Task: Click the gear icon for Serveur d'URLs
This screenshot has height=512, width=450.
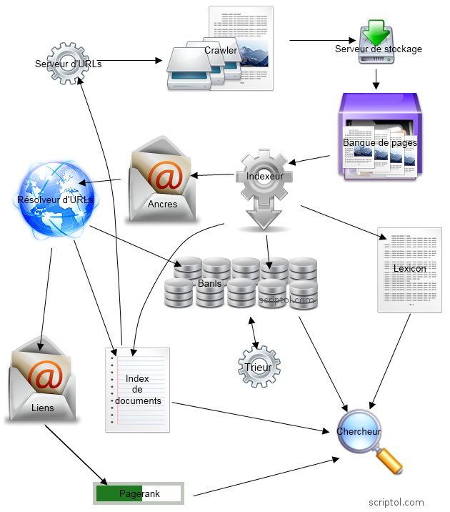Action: coord(68,64)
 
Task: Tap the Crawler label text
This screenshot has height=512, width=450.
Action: coord(221,50)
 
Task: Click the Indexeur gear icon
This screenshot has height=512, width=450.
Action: coord(265,176)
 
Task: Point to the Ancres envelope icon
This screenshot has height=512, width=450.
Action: coord(162,179)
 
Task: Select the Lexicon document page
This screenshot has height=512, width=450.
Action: coord(409,270)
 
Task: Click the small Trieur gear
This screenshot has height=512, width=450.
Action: coord(258,367)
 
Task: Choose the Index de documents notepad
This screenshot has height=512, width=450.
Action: coord(138,390)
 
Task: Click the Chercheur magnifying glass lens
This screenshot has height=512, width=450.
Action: coord(359,431)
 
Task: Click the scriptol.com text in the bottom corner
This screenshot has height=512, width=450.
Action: coord(396,502)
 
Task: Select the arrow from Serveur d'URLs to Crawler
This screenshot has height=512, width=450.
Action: coord(132,61)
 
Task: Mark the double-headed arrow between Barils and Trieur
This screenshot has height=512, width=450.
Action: coord(251,330)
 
